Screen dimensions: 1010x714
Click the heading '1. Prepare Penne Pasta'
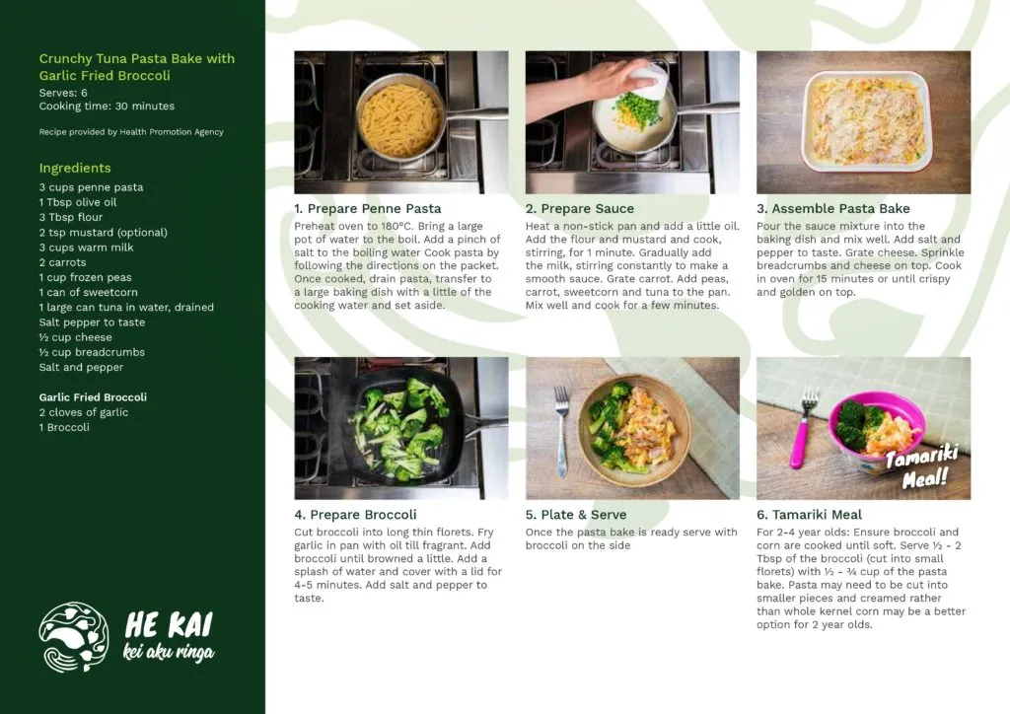pos(368,209)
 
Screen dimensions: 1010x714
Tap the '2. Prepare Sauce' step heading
pos(580,209)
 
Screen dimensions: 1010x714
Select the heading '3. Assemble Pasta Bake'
pos(832,209)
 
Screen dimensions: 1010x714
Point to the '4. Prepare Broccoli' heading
pos(355,515)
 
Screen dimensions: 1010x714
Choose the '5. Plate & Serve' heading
pos(576,515)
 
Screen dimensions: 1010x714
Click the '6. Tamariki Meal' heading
pos(809,515)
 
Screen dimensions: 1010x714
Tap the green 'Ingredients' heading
pos(75,168)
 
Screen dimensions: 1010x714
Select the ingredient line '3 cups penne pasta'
pos(91,187)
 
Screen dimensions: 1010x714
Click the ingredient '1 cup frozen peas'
pos(85,277)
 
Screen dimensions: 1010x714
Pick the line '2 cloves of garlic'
pos(84,412)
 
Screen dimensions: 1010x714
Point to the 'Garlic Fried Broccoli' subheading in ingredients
pos(93,397)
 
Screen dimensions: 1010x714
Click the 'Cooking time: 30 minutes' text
pos(107,107)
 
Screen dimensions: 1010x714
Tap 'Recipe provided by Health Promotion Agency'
pos(131,132)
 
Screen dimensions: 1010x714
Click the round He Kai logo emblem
pos(73,637)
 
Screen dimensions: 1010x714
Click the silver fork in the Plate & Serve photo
pos(561,431)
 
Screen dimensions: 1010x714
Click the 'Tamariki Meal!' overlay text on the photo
pos(922,466)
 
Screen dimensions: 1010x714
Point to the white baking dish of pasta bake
pos(867,121)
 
